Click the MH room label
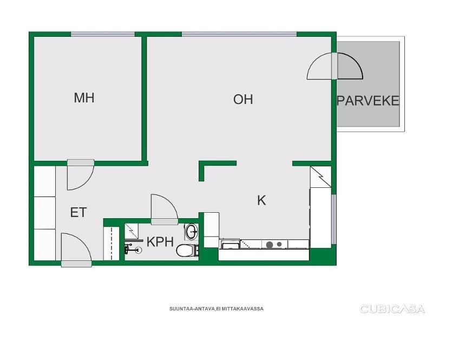tap(84, 98)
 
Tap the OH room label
tap(243, 99)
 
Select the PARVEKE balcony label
tap(368, 101)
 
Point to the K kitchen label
tap(261, 201)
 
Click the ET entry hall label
tap(78, 213)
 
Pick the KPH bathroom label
tap(160, 242)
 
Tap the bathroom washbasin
tap(192, 232)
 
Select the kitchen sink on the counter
tap(231, 245)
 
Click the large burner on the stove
tap(270, 245)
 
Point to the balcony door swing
tap(335, 66)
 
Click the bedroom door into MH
tap(81, 175)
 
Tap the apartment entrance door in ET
tap(76, 250)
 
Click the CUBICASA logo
tap(392, 309)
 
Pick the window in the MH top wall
tap(103, 34)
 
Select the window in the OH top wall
tap(239, 34)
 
